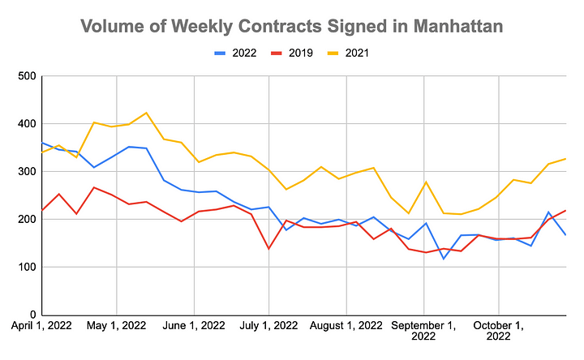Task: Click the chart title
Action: (291, 26)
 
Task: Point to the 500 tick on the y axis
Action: (26, 77)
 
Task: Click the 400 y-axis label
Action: (26, 125)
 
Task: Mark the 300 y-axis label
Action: (26, 172)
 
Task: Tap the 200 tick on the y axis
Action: (26, 220)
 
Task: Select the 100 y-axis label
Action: (26, 268)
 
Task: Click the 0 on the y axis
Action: (32, 315)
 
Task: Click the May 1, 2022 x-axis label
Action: (117, 326)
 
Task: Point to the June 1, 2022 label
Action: (194, 326)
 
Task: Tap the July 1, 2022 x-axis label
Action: (269, 326)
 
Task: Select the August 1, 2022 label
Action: (346, 326)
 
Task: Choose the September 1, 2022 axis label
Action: (423, 332)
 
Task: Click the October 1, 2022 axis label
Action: (499, 332)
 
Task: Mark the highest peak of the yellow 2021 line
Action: (146, 113)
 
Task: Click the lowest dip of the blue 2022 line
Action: (444, 259)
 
